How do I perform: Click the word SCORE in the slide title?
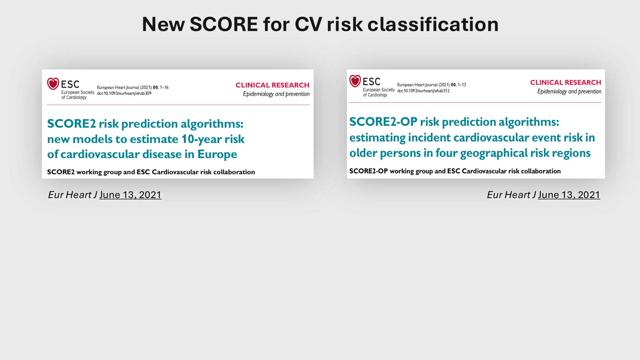tap(224, 24)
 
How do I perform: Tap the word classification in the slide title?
tap(433, 24)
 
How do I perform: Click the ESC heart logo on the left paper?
tap(53, 84)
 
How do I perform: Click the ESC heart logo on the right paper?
tap(355, 81)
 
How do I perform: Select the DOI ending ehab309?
tap(124, 93)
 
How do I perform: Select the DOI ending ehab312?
tap(423, 91)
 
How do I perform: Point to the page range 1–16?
tap(164, 87)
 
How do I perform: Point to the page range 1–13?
tap(462, 85)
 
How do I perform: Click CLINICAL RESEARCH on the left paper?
tap(273, 85)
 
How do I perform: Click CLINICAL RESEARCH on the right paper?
tap(566, 83)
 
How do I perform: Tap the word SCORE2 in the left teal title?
tap(71, 124)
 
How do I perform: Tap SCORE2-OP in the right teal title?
tap(383, 122)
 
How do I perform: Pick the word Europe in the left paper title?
tap(217, 155)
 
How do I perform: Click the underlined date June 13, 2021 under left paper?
tap(130, 195)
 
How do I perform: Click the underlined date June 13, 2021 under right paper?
tap(569, 195)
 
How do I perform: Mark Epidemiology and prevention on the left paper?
tap(276, 94)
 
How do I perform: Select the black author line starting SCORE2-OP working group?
tap(455, 171)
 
